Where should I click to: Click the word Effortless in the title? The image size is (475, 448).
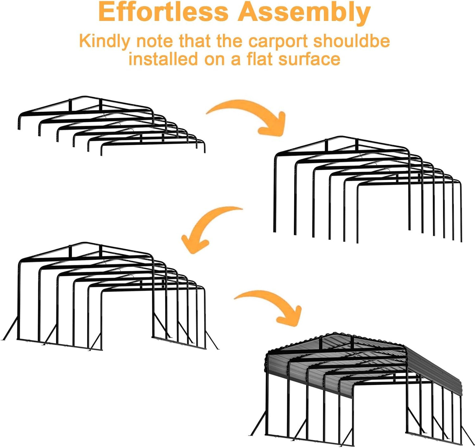point(163,12)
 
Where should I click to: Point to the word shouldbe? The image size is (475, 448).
point(352,41)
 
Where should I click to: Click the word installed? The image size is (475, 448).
point(163,59)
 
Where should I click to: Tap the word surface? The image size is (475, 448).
point(309,59)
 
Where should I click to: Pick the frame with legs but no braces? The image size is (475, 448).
point(367,189)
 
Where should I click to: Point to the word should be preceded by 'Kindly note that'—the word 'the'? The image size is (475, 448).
point(229,41)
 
